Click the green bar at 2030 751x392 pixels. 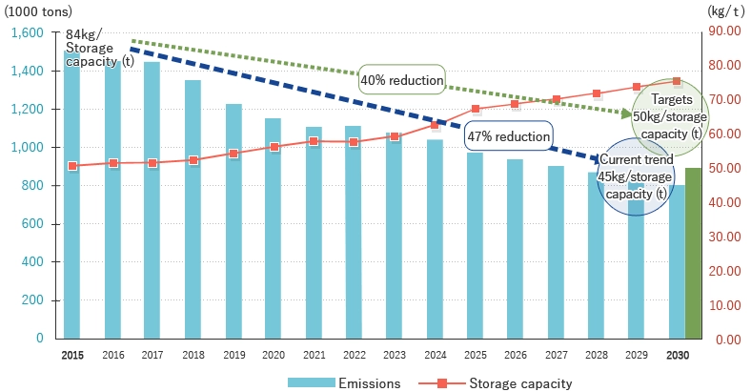694,254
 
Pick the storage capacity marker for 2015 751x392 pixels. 72,166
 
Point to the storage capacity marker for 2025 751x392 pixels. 476,109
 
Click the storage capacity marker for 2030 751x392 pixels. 677,82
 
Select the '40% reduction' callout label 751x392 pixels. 401,80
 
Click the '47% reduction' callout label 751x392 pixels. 509,136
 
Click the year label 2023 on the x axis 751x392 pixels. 395,355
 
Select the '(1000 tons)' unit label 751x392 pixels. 37,10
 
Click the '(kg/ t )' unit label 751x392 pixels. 727,10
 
